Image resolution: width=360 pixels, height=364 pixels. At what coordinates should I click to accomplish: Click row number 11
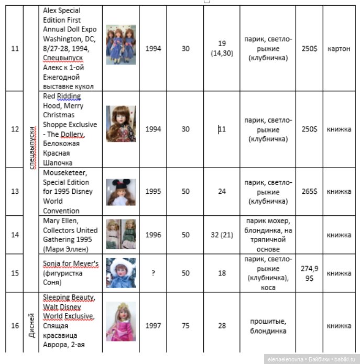15,49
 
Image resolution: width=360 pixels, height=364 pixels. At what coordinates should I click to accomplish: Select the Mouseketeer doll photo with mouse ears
121,192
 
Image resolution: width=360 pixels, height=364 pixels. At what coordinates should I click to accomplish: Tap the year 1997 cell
153,326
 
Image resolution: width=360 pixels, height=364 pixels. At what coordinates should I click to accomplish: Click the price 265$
309,192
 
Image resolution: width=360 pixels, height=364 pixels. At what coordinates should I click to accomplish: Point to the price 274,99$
309,273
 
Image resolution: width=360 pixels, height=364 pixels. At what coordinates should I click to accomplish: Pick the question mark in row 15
153,273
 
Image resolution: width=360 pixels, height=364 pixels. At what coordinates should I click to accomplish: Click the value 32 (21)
222,235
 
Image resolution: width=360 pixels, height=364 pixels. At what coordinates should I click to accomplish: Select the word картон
339,49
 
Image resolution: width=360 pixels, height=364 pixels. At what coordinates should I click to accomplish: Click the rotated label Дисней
32,325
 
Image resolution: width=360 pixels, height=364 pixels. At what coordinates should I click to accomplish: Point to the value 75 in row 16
186,326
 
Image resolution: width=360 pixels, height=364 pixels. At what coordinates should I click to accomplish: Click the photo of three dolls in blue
121,45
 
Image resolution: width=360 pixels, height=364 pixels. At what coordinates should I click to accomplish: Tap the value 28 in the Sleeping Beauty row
222,326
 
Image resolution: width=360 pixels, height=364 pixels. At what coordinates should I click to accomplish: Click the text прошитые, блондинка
268,326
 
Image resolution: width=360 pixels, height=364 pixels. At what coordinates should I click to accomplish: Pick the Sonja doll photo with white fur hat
121,273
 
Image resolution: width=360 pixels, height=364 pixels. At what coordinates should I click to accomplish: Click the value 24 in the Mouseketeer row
222,192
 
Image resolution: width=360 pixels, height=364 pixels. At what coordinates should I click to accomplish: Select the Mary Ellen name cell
70,235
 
